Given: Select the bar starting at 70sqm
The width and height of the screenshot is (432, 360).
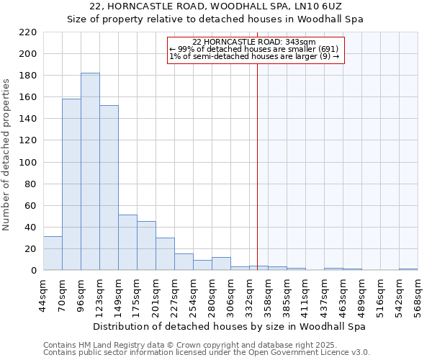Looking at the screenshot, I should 71,184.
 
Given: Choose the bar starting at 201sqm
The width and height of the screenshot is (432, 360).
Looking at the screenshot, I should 165,254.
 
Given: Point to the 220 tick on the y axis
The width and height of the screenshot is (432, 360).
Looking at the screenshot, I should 27,32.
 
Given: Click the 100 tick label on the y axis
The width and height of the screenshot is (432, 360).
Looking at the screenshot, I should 27,163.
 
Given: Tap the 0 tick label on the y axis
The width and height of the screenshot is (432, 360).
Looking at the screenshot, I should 33,271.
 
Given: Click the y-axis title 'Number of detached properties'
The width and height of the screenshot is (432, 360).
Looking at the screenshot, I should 6,156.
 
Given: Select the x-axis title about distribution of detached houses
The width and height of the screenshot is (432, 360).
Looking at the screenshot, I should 230,326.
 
